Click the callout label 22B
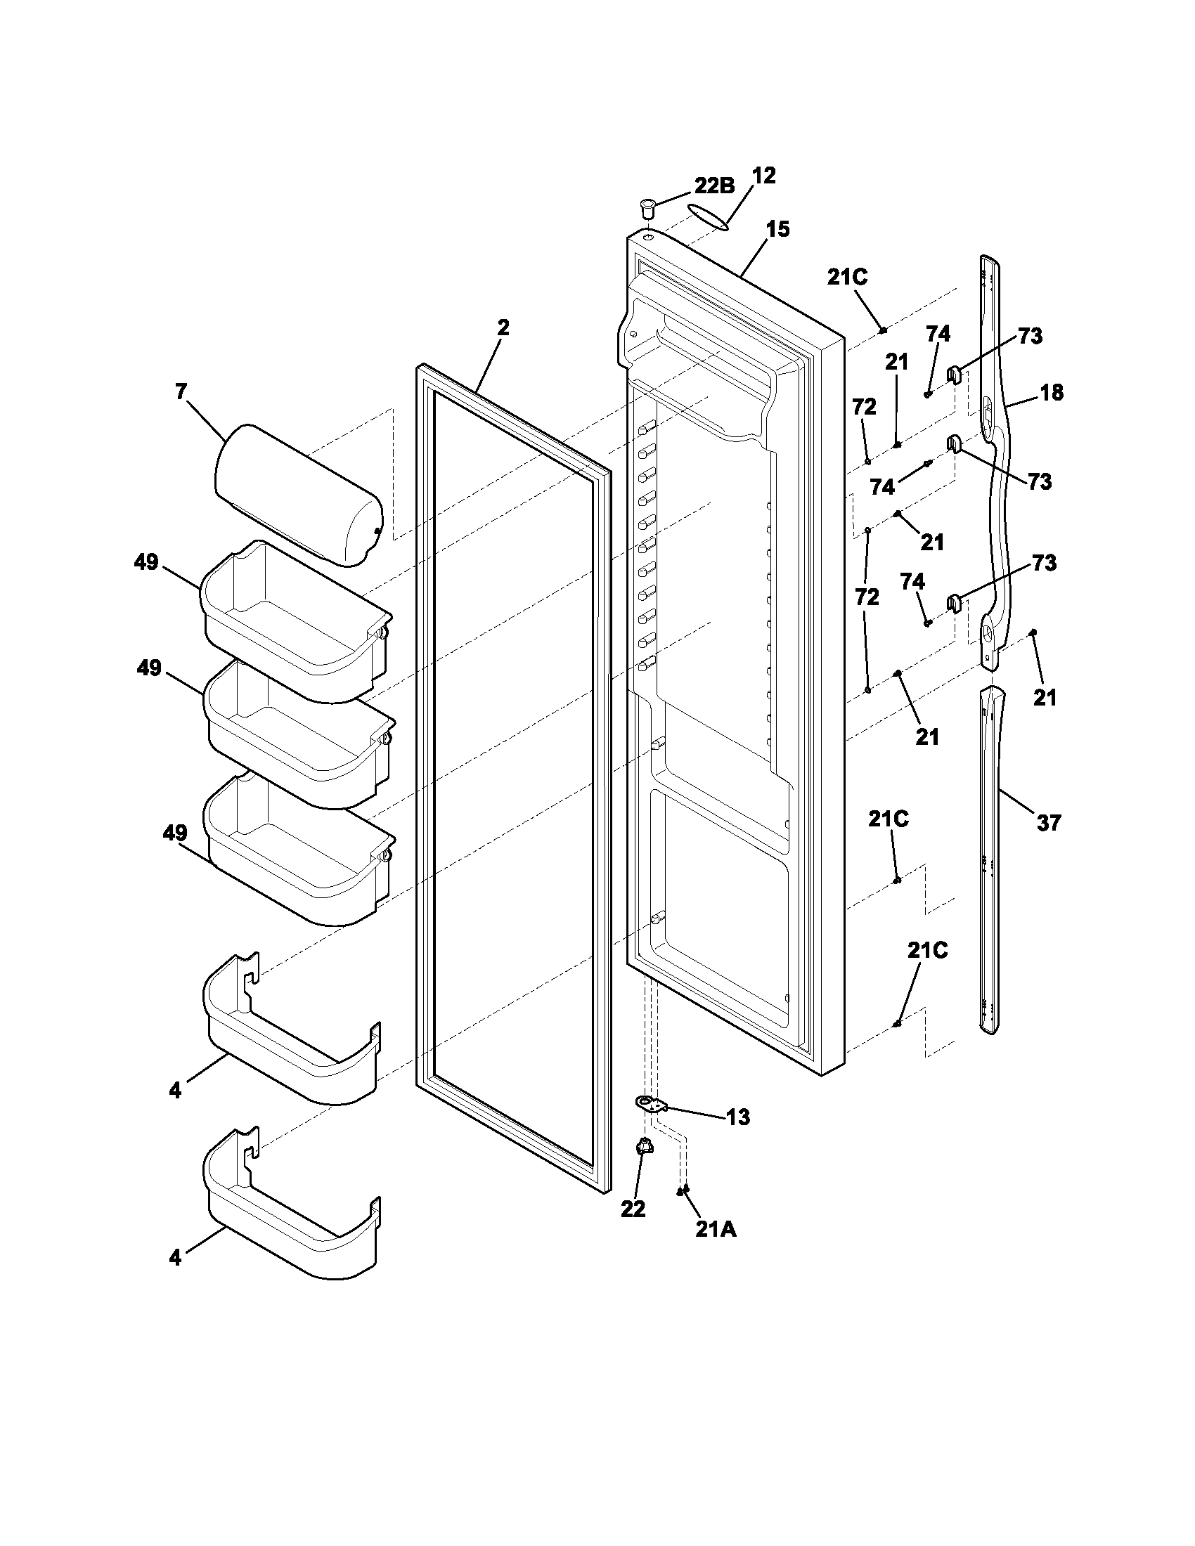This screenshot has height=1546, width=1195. coord(713,186)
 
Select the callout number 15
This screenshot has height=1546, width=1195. coord(777,229)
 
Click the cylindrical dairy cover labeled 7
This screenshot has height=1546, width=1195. coord(299,495)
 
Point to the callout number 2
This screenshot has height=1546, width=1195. coord(503,327)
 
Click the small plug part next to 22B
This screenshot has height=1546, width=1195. coord(645,209)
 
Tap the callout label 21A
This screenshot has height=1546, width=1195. coord(716,1230)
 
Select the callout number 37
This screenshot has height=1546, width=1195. coord(1049,823)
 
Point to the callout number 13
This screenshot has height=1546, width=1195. coord(737,1117)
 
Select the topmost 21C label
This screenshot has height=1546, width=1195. coord(848,277)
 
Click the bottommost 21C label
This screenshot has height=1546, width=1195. coord(927,951)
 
